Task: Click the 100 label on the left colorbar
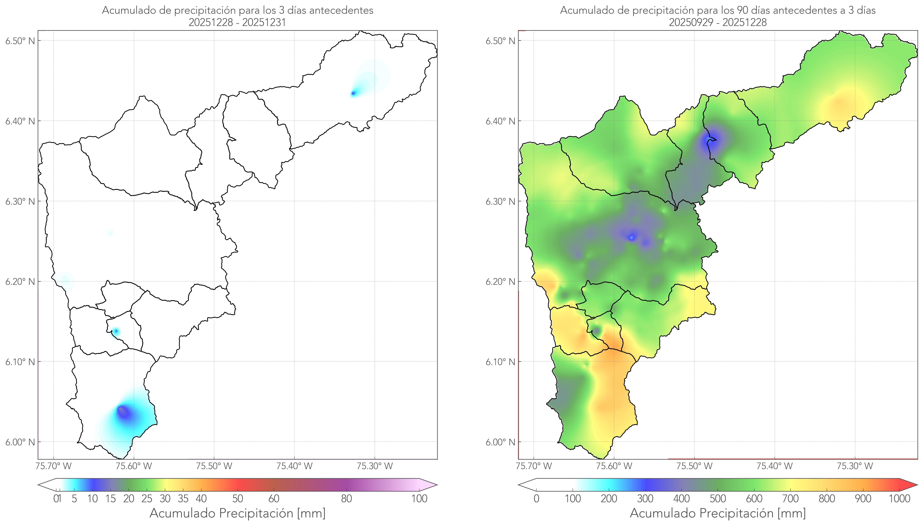[x=419, y=499]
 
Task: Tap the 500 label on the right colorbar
[x=718, y=499]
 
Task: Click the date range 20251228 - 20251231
[x=238, y=22]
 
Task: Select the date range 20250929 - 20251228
[x=718, y=22]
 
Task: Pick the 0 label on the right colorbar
[x=536, y=499]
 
